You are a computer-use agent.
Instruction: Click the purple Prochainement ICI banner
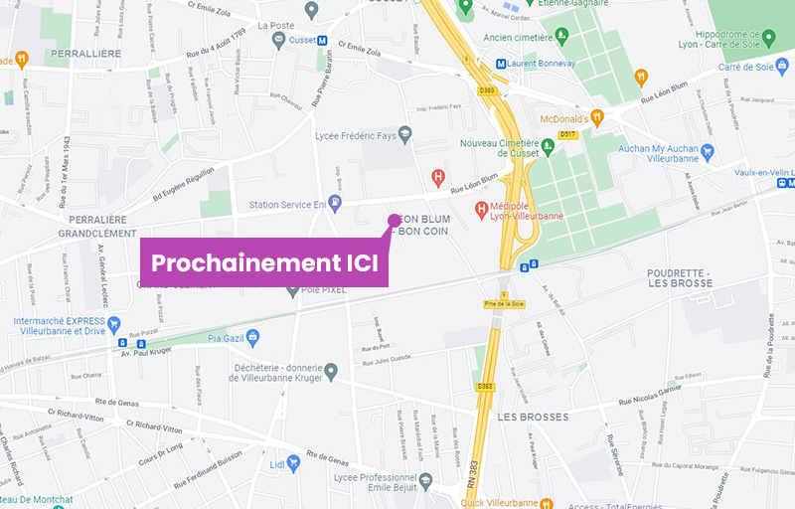click(x=263, y=263)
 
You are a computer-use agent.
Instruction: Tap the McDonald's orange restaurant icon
click(x=597, y=116)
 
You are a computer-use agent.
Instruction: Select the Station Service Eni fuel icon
click(x=336, y=204)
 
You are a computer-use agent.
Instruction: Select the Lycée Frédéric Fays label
click(x=355, y=135)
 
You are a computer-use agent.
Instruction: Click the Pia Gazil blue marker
click(x=252, y=337)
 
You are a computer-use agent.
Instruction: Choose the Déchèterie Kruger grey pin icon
click(x=332, y=371)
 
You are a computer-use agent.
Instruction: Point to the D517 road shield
click(x=568, y=134)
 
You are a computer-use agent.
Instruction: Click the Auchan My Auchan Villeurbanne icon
click(x=708, y=152)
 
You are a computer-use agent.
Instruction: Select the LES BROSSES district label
click(x=533, y=417)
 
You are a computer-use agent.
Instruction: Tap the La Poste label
click(x=277, y=26)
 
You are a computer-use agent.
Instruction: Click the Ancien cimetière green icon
click(x=560, y=38)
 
